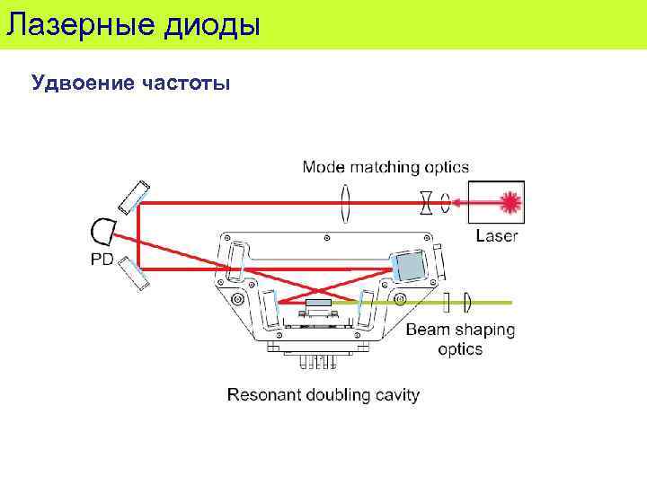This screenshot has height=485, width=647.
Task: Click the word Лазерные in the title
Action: pos(80,23)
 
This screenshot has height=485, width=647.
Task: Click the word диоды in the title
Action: pos(213,23)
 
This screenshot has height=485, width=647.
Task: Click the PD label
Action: pos(102,259)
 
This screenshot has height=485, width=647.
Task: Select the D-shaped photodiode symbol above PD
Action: pos(102,230)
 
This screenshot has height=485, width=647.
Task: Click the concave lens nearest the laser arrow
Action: pos(426,202)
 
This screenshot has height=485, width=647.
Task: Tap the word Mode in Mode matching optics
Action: pos(323,166)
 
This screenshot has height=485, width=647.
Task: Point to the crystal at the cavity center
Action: pos(318,305)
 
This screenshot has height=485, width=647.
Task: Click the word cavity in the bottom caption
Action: pos(396,394)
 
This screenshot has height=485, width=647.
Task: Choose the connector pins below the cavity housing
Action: pos(319,361)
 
